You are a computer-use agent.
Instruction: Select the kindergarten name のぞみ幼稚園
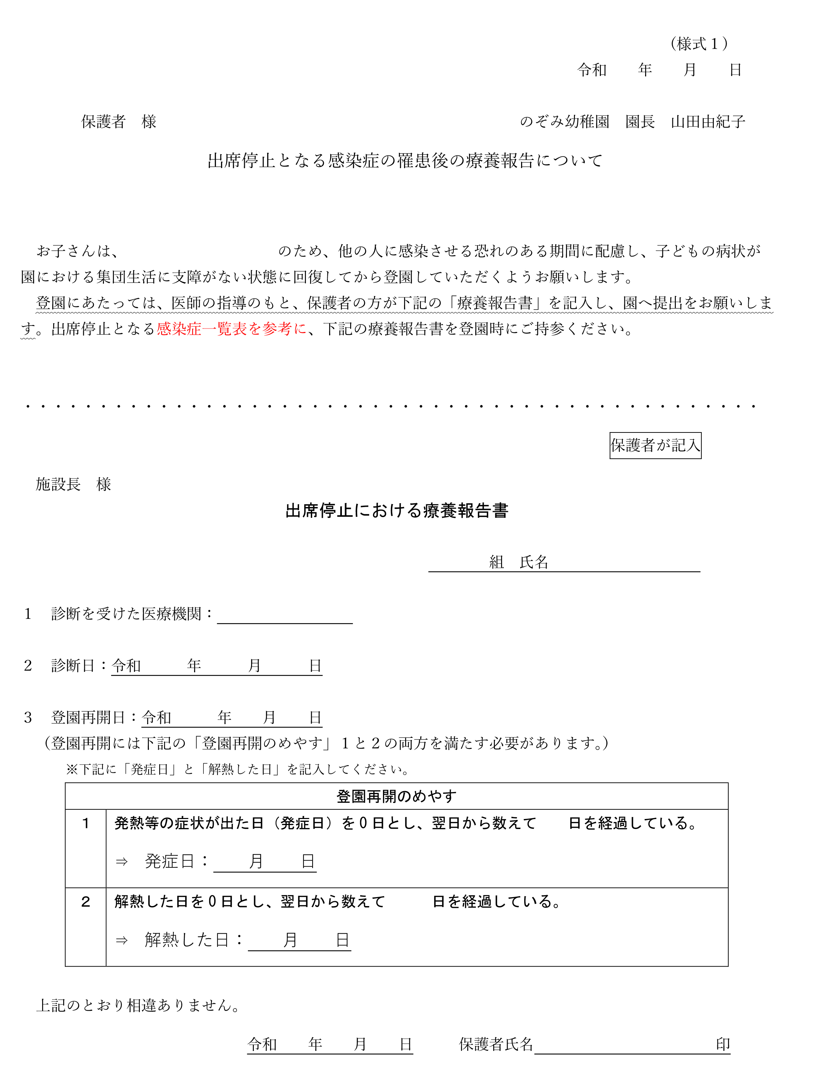(564, 121)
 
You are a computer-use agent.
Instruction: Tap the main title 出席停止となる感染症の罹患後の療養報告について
(405, 161)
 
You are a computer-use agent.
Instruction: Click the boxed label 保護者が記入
(655, 446)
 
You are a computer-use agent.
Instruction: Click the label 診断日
(73, 666)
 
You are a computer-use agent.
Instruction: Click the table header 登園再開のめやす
(396, 796)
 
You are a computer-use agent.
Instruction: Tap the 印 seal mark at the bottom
(722, 1044)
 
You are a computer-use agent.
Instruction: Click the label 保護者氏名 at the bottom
(496, 1044)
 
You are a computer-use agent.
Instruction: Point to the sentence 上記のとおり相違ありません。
(138, 1006)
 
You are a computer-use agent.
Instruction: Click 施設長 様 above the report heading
(73, 484)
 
